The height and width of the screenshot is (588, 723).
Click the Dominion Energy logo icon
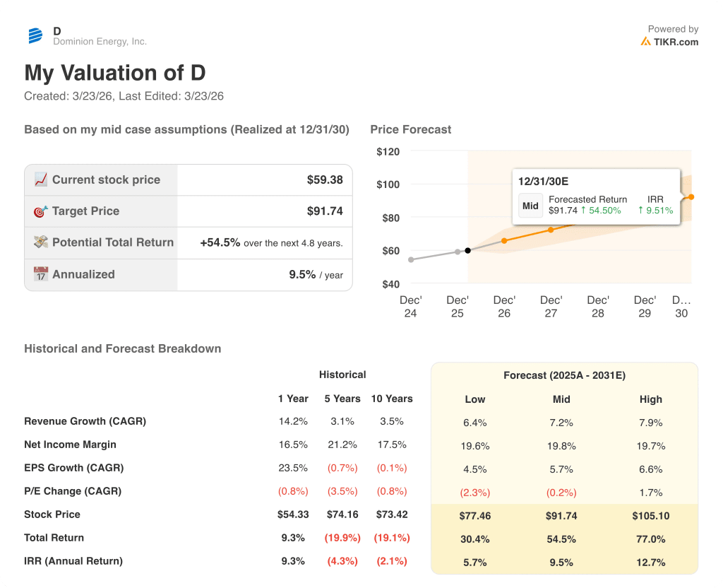pyautogui.click(x=35, y=36)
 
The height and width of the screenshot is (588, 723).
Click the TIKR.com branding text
pyautogui.click(x=676, y=42)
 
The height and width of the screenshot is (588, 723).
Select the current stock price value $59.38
pyautogui.click(x=325, y=180)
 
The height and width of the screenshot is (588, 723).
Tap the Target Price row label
pyautogui.click(x=85, y=211)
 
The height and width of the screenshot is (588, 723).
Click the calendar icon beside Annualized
pyautogui.click(x=41, y=274)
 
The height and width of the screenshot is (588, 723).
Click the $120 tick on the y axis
pyautogui.click(x=388, y=151)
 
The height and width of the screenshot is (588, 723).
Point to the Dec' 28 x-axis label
pyautogui.click(x=597, y=306)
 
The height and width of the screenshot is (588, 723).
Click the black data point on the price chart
pyautogui.click(x=468, y=250)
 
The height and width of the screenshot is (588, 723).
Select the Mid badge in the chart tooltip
pyautogui.click(x=530, y=206)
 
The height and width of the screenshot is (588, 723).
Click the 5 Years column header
pyautogui.click(x=342, y=399)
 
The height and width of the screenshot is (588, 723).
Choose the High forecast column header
pyautogui.click(x=650, y=399)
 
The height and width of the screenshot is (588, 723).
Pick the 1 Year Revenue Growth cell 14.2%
pyautogui.click(x=293, y=421)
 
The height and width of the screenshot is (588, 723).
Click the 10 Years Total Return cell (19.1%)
pyautogui.click(x=392, y=538)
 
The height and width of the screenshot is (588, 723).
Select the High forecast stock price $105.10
pyautogui.click(x=650, y=516)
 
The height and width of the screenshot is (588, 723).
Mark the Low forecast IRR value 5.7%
pyautogui.click(x=475, y=563)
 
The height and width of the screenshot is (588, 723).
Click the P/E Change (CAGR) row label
pyautogui.click(x=73, y=491)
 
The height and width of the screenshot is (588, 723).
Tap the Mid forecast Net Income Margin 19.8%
pyautogui.click(x=561, y=446)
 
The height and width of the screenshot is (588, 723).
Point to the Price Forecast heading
pyautogui.click(x=410, y=129)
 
